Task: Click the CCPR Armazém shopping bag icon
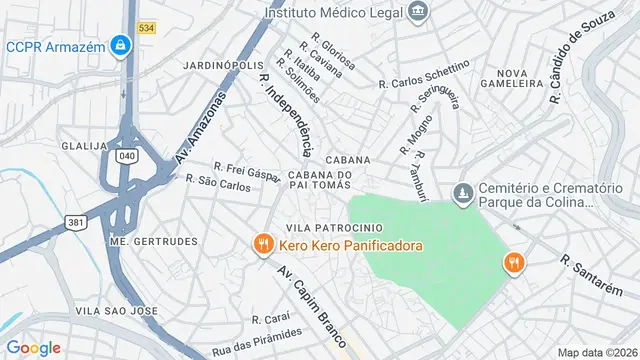coord(120,46)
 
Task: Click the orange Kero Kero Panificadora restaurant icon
coord(262,245)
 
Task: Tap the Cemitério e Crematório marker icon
coord(462,192)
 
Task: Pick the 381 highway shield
coord(75,222)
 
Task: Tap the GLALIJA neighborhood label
coord(85,145)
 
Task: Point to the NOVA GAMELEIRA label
coord(525,80)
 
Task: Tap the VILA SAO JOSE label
coord(118,311)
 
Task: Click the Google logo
coord(33,347)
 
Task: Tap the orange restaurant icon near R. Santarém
coord(513,262)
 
